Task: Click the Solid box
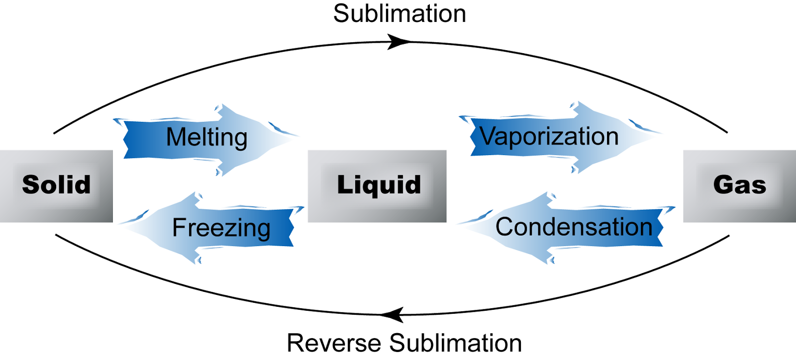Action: tap(56, 186)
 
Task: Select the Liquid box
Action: tap(377, 186)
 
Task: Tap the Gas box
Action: tap(739, 186)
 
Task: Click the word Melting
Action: tap(206, 138)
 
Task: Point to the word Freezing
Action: tap(221, 228)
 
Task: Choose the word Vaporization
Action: tap(549, 137)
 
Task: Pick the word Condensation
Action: tap(574, 227)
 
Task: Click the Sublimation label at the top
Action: tap(399, 14)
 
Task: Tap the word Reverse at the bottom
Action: tap(334, 343)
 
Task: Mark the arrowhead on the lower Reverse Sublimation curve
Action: tap(393, 315)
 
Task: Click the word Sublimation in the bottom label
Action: tap(455, 343)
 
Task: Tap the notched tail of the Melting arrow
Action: tap(127, 140)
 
